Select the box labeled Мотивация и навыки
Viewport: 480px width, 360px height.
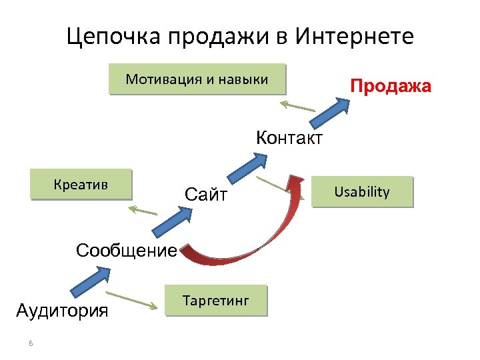[x=197, y=79]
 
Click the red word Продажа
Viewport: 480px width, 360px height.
[x=391, y=87]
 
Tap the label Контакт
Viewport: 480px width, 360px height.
[x=289, y=138]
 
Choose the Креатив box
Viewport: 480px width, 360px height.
[x=81, y=185]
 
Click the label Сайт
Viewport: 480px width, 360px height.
[x=206, y=195]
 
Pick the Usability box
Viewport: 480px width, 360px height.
[x=362, y=192]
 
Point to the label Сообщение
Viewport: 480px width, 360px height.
[x=126, y=251]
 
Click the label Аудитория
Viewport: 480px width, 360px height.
[x=62, y=311]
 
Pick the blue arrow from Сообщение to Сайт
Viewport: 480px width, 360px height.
[x=171, y=219]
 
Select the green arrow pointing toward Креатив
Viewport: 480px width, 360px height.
[x=143, y=211]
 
